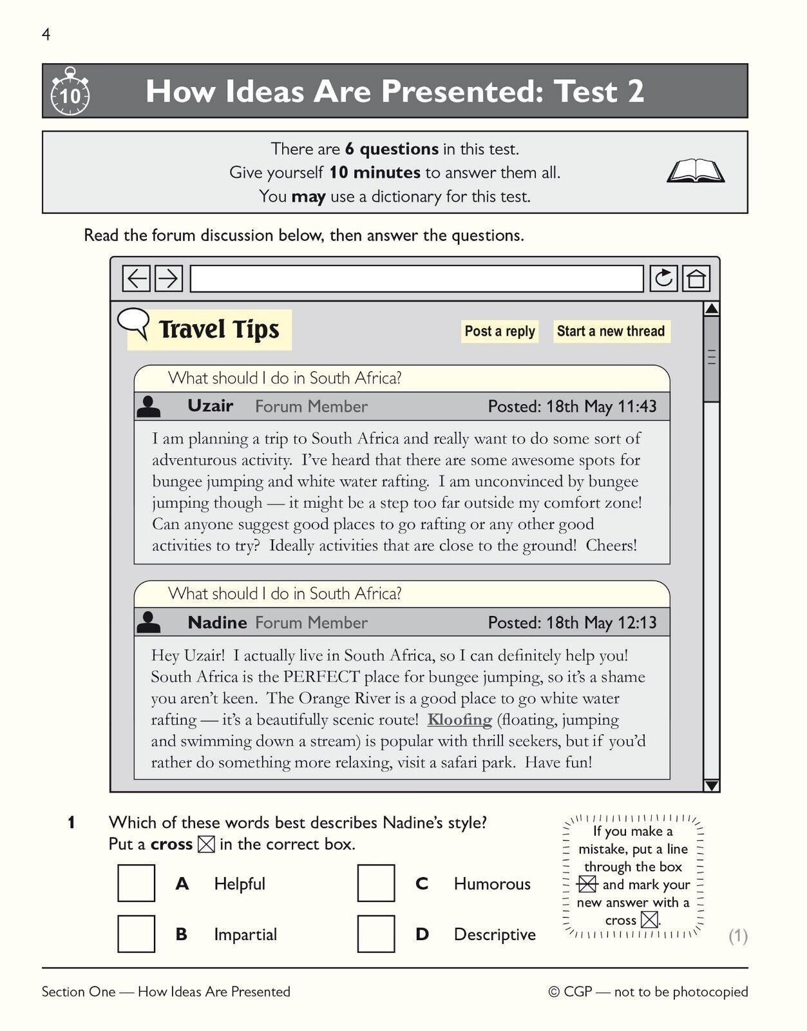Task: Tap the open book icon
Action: pos(695,172)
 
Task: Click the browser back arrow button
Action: pos(137,278)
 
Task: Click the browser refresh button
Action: pos(663,278)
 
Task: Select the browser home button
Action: pos(696,278)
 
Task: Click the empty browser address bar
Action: pos(416,278)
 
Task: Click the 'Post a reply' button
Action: pos(499,331)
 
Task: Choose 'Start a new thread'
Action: pos(611,331)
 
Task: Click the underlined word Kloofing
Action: pos(459,720)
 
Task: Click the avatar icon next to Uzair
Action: pos(149,407)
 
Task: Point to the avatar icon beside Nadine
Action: pos(149,622)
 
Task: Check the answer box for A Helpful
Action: pos(136,883)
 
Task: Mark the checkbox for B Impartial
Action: pos(136,934)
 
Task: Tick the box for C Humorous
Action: pos(376,883)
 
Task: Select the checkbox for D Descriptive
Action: pos(376,934)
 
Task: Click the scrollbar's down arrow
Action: pos(711,785)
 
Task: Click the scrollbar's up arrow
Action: pos(711,309)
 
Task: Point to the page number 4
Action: pos(46,35)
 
